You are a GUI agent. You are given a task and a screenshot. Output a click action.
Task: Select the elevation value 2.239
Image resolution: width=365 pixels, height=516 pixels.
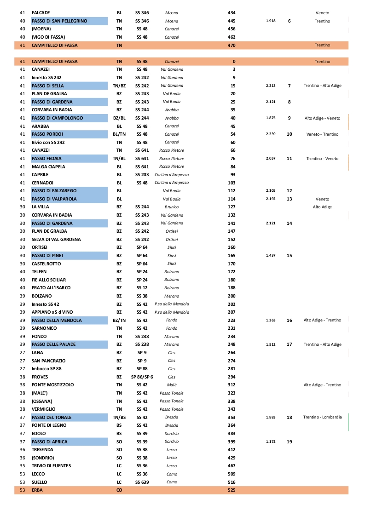click(x=271, y=134)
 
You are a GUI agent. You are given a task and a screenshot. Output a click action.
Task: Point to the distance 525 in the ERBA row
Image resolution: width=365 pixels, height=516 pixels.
click(x=232, y=490)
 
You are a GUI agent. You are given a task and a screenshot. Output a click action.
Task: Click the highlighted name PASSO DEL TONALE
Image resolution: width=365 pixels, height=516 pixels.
click(x=52, y=417)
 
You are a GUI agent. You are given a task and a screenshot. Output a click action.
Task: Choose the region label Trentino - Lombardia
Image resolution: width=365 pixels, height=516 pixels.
click(x=322, y=417)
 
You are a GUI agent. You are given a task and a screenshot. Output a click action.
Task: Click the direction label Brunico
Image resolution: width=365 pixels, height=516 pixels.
click(x=172, y=207)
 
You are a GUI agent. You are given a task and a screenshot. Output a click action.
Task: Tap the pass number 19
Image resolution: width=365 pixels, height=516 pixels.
click(x=290, y=442)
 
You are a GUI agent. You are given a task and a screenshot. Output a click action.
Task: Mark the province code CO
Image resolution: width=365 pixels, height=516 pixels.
click(x=119, y=490)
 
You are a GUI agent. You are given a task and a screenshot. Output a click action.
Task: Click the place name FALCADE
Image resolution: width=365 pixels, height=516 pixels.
click(x=41, y=13)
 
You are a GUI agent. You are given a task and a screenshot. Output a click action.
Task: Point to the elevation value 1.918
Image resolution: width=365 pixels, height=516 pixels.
click(x=271, y=21)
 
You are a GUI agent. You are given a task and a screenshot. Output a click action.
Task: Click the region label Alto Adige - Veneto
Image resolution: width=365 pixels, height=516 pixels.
click(x=322, y=118)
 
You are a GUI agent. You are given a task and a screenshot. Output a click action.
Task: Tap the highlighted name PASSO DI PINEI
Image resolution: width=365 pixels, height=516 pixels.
click(x=47, y=255)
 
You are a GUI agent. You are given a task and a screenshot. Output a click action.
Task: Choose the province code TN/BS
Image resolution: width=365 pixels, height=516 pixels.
click(x=119, y=417)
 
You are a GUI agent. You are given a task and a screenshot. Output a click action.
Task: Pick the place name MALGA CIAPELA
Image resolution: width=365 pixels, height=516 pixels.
click(x=48, y=166)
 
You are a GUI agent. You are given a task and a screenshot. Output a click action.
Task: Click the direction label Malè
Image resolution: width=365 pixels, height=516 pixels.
click(x=172, y=385)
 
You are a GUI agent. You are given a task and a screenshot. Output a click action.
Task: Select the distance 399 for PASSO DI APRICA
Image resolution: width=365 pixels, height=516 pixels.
click(x=232, y=441)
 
